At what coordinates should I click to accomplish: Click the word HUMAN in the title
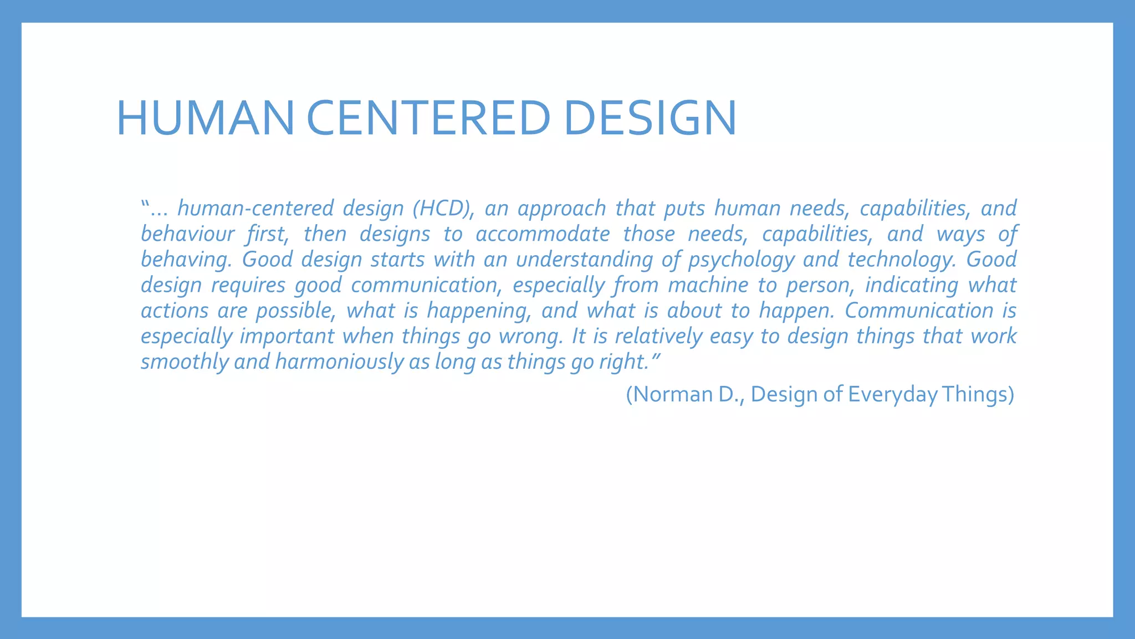click(x=205, y=118)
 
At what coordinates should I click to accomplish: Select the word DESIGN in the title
click(x=650, y=118)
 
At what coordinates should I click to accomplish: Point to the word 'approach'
click(x=561, y=209)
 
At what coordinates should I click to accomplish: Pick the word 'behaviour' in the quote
click(x=187, y=234)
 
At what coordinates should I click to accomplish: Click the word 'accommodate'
click(x=543, y=234)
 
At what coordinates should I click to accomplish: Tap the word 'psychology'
click(x=742, y=260)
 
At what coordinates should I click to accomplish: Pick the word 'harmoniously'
click(x=339, y=362)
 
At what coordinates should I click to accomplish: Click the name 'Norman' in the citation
click(x=672, y=394)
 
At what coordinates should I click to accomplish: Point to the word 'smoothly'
click(x=185, y=362)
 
